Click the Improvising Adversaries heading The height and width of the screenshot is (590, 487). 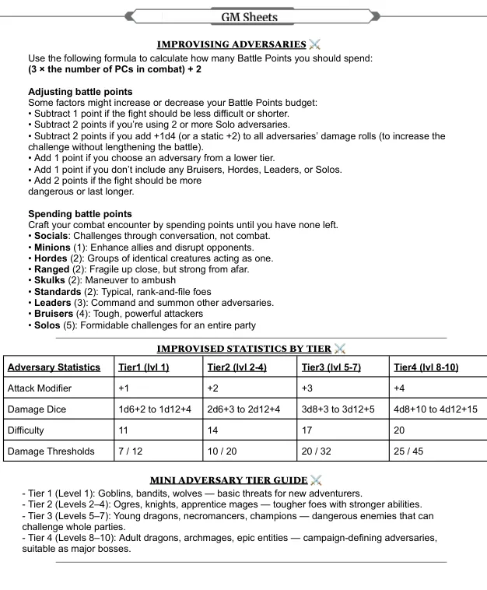click(231, 44)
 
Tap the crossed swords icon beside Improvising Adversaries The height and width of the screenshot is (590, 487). click(314, 44)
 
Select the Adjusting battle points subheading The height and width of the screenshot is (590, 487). click(80, 92)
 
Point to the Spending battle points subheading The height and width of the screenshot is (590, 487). click(80, 214)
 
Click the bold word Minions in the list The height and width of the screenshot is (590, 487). click(52, 248)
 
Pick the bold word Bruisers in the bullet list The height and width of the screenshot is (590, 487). click(54, 314)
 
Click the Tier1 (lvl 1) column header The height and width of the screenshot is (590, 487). click(143, 367)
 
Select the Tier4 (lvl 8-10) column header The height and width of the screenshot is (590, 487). click(426, 367)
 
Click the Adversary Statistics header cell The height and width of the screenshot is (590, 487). click(54, 367)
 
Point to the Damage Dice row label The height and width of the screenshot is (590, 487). click(37, 409)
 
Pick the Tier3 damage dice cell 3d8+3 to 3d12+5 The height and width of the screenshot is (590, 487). click(338, 409)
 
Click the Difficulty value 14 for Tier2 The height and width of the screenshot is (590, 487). click(212, 430)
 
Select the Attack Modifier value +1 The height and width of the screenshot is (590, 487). click(124, 388)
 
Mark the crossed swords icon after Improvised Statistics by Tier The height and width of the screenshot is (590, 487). click(339, 349)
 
